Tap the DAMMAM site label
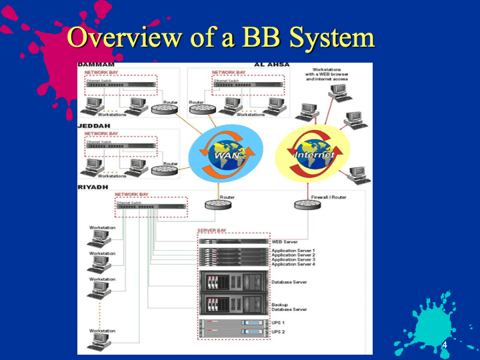(x=95, y=65)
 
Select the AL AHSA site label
(x=271, y=65)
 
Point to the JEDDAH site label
(x=93, y=126)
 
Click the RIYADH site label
(x=93, y=187)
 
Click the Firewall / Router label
(x=329, y=197)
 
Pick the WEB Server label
(x=285, y=241)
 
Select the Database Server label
(x=289, y=282)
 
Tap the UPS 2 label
(x=278, y=331)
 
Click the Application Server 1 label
(x=293, y=250)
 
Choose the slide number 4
(x=445, y=345)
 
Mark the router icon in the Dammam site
(x=163, y=109)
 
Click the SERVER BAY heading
(x=212, y=230)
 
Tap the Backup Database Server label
(x=289, y=307)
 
